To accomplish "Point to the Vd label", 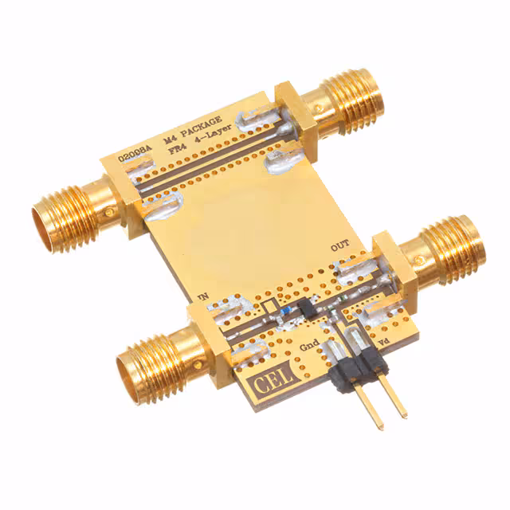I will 383,343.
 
